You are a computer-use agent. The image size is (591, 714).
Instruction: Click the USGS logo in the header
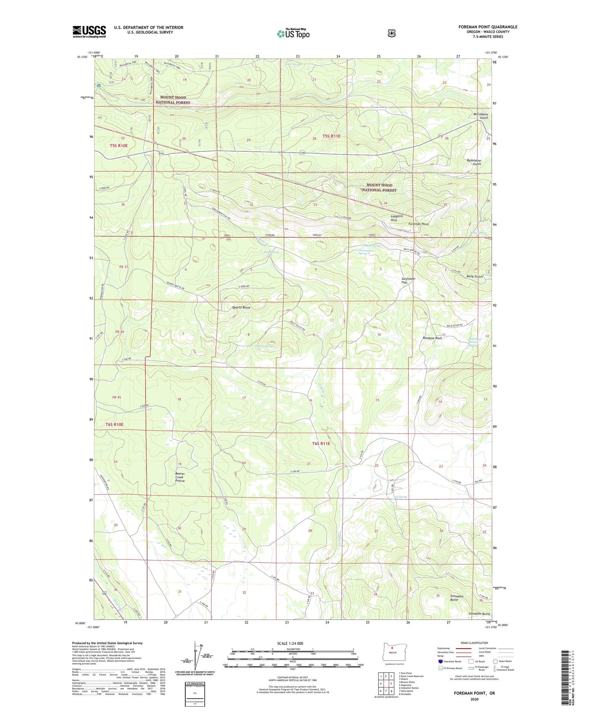point(89,31)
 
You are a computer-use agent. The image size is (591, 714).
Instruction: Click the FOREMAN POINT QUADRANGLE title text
point(488,27)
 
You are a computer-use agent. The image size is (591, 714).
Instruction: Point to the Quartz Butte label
point(241,307)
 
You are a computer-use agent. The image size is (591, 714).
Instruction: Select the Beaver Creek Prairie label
point(180,477)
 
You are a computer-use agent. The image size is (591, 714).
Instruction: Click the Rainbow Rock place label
point(432,338)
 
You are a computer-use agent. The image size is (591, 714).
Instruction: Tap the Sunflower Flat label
point(408,281)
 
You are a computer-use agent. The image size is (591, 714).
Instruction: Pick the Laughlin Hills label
point(396,218)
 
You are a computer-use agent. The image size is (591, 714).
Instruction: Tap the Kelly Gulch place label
point(474,276)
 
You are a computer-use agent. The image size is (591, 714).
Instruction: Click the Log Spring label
point(400,497)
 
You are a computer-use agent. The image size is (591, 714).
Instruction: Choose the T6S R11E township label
point(321,443)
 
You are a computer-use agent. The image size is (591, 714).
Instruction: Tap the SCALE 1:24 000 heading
point(290,643)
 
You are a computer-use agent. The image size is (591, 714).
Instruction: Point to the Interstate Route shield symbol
point(440,661)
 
